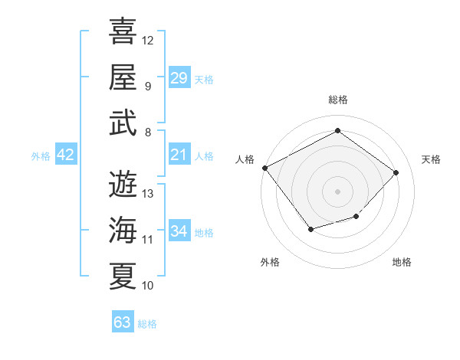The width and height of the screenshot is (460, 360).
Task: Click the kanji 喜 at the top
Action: [123, 32]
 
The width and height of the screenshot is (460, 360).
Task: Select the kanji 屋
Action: [123, 77]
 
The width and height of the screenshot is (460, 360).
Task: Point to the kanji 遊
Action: [123, 183]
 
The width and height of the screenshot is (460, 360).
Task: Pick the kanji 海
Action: [123, 229]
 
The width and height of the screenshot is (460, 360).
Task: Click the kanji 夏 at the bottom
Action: [123, 275]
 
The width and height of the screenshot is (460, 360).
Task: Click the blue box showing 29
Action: [179, 77]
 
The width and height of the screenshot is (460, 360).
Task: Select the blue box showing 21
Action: [179, 155]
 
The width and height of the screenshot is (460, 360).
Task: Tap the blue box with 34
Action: [179, 231]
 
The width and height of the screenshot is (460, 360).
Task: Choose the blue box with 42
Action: [66, 155]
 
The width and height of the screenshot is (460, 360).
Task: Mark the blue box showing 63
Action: [123, 322]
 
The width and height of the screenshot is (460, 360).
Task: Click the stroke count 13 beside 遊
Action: [148, 193]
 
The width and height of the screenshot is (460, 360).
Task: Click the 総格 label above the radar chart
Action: [338, 100]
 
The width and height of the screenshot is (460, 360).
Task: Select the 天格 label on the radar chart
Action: [431, 159]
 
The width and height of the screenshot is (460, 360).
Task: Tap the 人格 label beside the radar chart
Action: [245, 159]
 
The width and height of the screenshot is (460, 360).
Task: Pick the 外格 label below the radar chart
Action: [270, 262]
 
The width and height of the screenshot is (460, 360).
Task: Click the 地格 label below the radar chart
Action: [402, 262]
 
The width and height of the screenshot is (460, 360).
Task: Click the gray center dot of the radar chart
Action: [337, 191]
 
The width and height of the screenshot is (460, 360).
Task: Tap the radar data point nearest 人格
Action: [264, 168]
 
